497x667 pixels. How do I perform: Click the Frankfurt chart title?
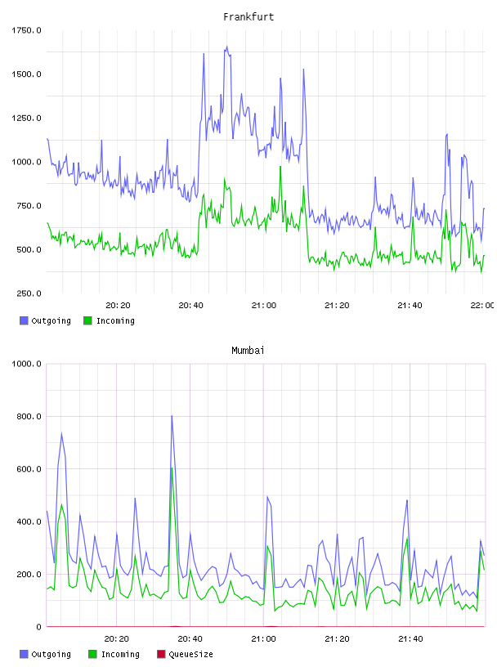[x=248, y=17]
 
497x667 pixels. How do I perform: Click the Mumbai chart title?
[x=248, y=351]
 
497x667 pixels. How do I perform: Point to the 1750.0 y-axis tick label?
[x=26, y=30]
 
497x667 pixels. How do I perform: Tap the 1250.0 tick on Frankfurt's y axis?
[x=26, y=118]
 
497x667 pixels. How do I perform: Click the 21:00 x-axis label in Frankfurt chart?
[x=264, y=306]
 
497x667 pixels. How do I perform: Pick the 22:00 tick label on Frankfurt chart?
[x=482, y=306]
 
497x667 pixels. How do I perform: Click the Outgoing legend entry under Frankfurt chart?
[x=46, y=320]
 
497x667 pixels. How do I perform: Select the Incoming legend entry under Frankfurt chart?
[x=110, y=320]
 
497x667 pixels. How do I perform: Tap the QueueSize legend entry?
[x=185, y=654]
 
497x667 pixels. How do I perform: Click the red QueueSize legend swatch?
[x=161, y=654]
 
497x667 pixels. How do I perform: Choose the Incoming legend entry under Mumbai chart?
[x=114, y=654]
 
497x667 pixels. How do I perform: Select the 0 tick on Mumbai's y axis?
[x=38, y=627]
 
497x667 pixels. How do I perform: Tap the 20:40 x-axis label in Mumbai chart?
[x=190, y=639]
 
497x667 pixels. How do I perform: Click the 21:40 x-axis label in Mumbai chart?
[x=410, y=639]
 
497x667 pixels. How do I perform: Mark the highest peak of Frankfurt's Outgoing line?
[x=226, y=47]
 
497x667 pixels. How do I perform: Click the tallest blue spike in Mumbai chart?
[x=172, y=415]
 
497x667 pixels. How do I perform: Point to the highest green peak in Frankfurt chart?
[x=280, y=166]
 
